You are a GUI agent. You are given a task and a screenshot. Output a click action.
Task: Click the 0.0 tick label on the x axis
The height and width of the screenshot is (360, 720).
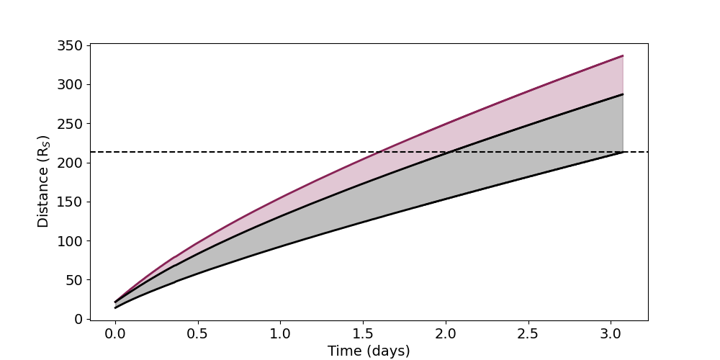click(114, 334)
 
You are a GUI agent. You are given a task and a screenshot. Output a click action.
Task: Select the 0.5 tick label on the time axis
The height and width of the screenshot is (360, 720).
click(197, 334)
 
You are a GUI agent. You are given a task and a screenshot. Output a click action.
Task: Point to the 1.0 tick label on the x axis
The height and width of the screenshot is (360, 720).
click(280, 334)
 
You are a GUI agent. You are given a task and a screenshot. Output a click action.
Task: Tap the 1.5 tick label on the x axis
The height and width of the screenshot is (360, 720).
click(363, 334)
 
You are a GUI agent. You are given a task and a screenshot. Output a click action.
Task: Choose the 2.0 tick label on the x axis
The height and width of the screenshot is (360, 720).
click(446, 334)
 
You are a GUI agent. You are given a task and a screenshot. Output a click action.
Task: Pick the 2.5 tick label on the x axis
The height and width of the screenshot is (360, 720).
click(528, 334)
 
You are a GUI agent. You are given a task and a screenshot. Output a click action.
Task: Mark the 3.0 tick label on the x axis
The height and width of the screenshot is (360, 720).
click(611, 334)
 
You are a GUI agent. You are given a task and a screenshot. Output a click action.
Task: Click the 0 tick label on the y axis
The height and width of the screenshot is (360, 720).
click(78, 319)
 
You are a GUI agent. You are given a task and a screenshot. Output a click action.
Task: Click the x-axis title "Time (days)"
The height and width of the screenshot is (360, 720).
click(369, 351)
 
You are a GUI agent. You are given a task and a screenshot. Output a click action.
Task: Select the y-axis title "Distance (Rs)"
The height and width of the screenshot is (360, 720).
click(44, 181)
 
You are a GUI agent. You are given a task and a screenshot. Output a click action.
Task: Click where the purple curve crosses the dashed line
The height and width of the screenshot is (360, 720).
click(382, 152)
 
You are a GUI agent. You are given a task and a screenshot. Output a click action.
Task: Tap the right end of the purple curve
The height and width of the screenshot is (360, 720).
click(623, 55)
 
